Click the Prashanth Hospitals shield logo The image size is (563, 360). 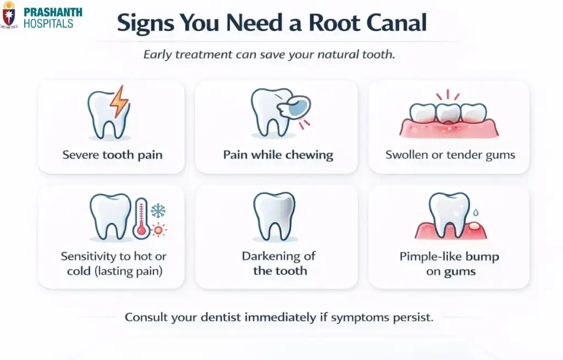(9, 15)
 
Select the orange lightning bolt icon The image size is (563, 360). (119, 101)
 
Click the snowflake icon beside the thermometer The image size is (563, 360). (158, 211)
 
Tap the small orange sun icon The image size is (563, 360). (159, 229)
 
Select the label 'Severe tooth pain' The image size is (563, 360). (112, 154)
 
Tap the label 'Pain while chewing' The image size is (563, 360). (278, 154)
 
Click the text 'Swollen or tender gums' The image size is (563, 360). (450, 154)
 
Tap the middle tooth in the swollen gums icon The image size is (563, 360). (449, 113)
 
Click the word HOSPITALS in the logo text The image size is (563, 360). (48, 24)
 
